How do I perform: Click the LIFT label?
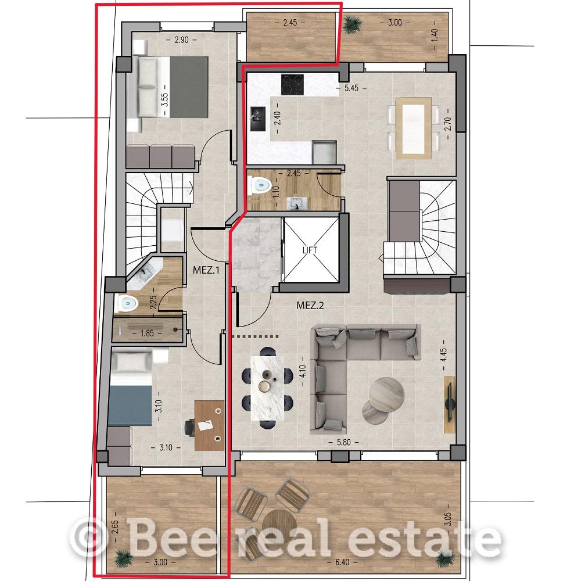(310, 250)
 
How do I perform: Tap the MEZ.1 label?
(206, 270)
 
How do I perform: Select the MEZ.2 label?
(310, 306)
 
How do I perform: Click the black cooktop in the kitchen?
(292, 84)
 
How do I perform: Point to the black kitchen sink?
(258, 119)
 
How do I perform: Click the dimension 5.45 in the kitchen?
(351, 88)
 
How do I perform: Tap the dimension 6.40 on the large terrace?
(342, 562)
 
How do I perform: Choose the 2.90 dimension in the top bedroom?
(182, 40)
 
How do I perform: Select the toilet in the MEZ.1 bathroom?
(126, 304)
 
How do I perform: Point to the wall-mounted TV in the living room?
(450, 404)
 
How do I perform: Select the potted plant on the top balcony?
(351, 24)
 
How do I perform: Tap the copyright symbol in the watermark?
(88, 537)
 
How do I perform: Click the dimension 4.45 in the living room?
(443, 354)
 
